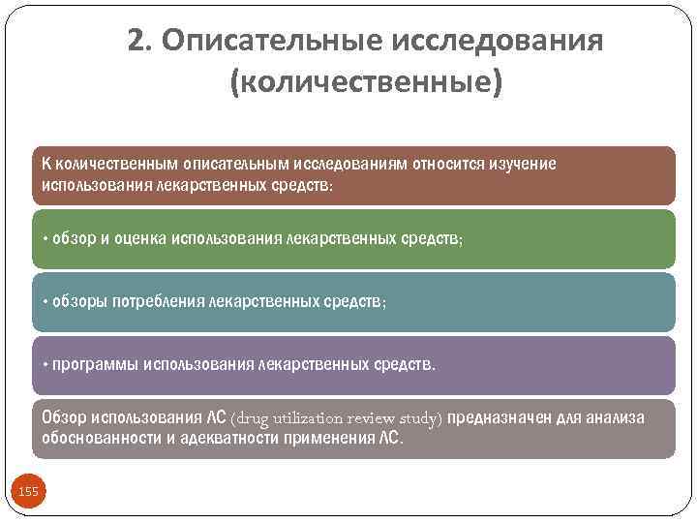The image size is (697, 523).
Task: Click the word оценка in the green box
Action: click(138, 238)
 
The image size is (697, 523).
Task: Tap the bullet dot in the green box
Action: click(45, 238)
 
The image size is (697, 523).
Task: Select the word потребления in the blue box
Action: click(154, 302)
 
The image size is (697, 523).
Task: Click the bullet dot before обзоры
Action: click(45, 302)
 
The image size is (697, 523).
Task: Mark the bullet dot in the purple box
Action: click(45, 366)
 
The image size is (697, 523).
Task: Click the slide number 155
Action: click(29, 492)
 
